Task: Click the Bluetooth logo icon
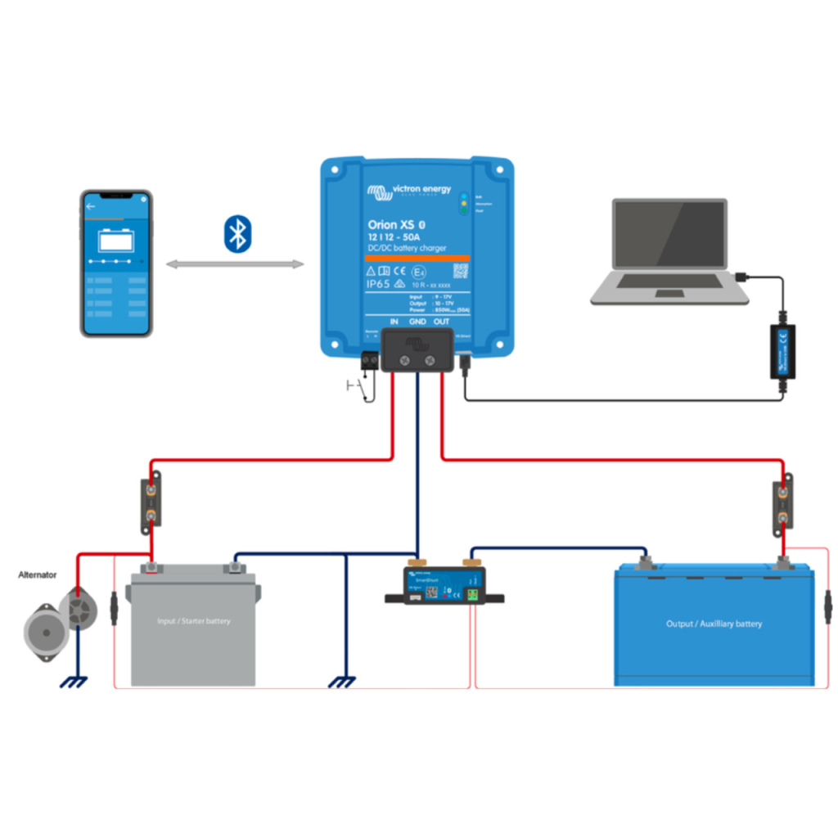[237, 233]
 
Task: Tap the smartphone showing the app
[116, 264]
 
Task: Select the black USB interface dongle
[782, 351]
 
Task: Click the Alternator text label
[38, 575]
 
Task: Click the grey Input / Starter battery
[193, 626]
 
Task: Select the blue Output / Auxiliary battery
[714, 626]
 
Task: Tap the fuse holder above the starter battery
[152, 502]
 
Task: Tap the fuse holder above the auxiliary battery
[782, 506]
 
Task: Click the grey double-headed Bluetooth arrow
[234, 264]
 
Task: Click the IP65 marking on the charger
[380, 283]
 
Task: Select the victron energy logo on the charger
[409, 191]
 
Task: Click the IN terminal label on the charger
[394, 322]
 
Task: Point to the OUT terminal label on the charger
[442, 322]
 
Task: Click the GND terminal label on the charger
[417, 322]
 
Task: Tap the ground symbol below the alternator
[76, 681]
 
